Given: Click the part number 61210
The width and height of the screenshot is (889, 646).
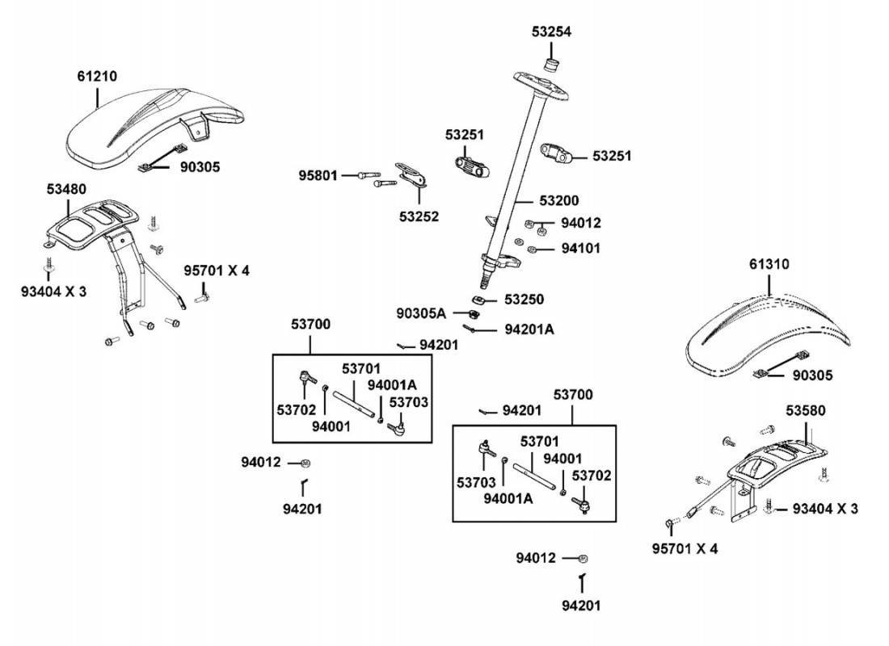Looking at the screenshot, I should pyautogui.click(x=97, y=77).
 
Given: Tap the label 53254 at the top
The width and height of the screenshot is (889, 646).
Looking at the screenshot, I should pyautogui.click(x=551, y=32).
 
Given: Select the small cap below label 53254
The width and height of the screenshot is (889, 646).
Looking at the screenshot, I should pyautogui.click(x=552, y=64).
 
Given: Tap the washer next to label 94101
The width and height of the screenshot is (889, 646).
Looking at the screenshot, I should pyautogui.click(x=533, y=249).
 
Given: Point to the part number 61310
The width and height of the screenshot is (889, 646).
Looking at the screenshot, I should pyautogui.click(x=769, y=264).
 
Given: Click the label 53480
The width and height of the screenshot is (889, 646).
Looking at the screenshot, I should pyautogui.click(x=67, y=189).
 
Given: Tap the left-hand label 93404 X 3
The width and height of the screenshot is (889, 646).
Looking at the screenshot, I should pyautogui.click(x=53, y=292).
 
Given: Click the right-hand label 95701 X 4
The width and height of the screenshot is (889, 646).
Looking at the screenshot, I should pyautogui.click(x=685, y=549).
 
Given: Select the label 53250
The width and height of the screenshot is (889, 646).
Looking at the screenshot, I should pyautogui.click(x=524, y=300).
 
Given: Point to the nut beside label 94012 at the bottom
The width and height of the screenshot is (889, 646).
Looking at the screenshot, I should pyautogui.click(x=584, y=558).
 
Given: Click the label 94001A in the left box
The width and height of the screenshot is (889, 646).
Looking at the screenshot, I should pyautogui.click(x=391, y=384).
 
